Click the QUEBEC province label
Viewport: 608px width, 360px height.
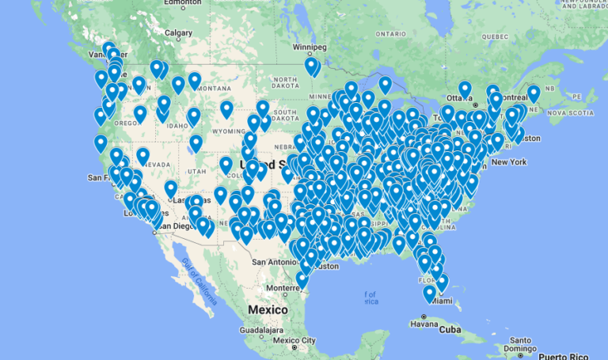494,36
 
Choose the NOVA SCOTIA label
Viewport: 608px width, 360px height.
568,112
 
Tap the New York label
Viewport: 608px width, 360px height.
508,162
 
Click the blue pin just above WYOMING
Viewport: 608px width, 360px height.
226,108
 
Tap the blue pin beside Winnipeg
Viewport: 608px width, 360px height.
311,65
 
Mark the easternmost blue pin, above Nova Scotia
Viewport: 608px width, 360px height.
534,93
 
